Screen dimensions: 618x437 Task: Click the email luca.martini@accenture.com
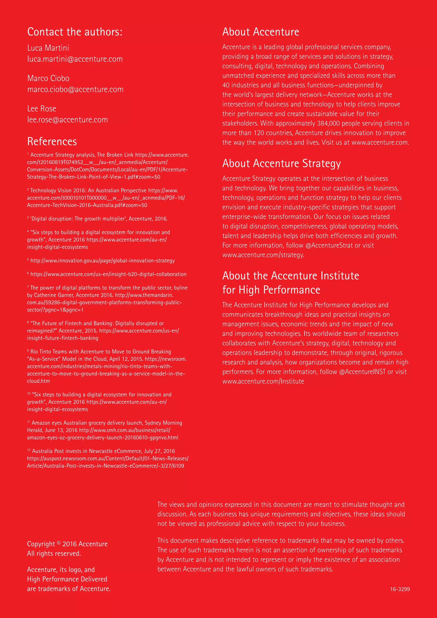click(x=75, y=59)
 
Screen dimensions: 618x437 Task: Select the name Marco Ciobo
click(x=48, y=78)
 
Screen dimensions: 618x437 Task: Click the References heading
click(x=52, y=141)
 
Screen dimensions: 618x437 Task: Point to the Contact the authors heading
click(x=75, y=32)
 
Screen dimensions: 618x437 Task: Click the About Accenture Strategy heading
click(x=281, y=163)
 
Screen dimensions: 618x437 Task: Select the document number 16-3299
click(x=400, y=589)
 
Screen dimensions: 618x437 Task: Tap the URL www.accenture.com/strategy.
click(x=263, y=255)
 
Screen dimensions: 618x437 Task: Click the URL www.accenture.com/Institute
click(x=263, y=381)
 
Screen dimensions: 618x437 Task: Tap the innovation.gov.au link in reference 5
click(x=102, y=261)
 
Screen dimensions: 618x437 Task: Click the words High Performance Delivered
click(x=67, y=579)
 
